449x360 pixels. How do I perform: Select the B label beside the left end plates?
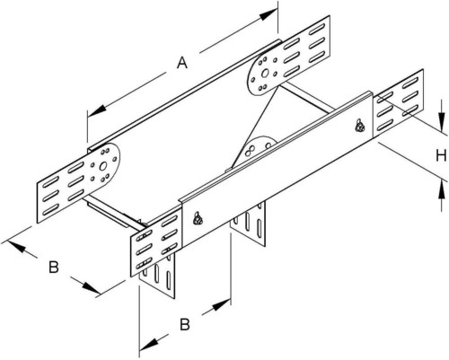[53, 267]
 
